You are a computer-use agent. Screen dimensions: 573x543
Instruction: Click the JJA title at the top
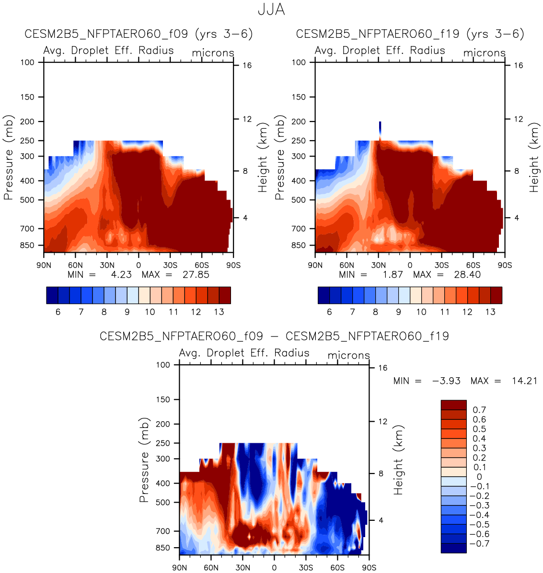pyautogui.click(x=271, y=10)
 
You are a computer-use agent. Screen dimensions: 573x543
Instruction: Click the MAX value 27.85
pyautogui.click(x=196, y=275)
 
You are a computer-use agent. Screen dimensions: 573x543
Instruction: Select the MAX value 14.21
pyautogui.click(x=524, y=381)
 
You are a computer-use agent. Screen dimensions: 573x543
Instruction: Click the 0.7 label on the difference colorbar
pyautogui.click(x=479, y=410)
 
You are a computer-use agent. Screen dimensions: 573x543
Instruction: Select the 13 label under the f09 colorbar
pyautogui.click(x=219, y=312)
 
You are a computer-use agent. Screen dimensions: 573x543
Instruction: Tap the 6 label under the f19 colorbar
pyautogui.click(x=329, y=312)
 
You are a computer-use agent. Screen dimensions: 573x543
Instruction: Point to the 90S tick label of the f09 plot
pyautogui.click(x=233, y=265)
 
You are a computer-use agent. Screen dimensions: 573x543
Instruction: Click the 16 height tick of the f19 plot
pyautogui.click(x=518, y=65)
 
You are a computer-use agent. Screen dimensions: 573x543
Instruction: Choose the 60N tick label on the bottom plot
pyautogui.click(x=211, y=568)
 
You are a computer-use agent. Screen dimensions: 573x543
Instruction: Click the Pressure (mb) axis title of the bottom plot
pyautogui.click(x=144, y=460)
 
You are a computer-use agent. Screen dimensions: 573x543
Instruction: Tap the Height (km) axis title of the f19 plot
pyautogui.click(x=534, y=157)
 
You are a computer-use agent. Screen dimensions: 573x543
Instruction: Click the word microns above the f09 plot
pyautogui.click(x=213, y=53)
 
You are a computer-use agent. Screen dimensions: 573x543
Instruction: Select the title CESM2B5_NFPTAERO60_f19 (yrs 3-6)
pyautogui.click(x=410, y=34)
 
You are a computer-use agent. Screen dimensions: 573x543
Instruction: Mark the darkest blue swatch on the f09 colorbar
pyautogui.click(x=52, y=295)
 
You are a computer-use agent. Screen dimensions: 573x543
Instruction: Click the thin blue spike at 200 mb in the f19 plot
pyautogui.click(x=380, y=127)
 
